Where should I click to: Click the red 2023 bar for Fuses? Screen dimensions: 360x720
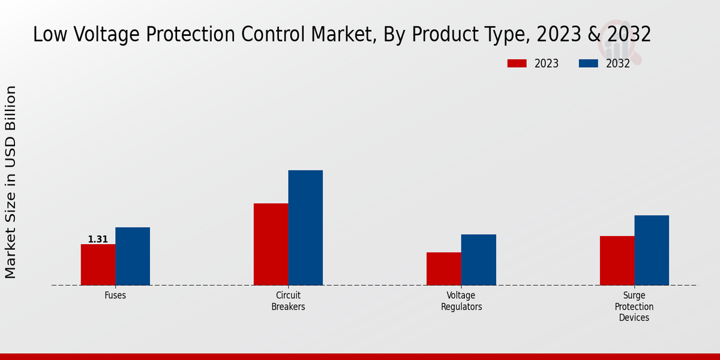coord(98,265)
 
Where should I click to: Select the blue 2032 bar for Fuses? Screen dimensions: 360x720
coord(133,256)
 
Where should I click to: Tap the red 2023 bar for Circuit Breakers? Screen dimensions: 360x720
coord(271,244)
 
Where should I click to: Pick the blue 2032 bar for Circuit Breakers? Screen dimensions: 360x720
coord(305,228)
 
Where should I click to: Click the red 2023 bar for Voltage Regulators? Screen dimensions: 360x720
coord(444,269)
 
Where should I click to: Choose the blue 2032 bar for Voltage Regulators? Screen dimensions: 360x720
coord(479,260)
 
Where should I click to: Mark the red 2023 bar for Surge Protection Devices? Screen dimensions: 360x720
coord(617,260)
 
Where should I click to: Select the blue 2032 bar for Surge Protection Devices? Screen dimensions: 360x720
coord(652,250)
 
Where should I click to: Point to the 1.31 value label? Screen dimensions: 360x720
coord(98,239)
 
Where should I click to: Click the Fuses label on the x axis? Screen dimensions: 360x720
coord(115,296)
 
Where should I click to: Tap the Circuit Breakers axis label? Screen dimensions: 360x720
coord(288,301)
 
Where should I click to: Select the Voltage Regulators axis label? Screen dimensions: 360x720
coord(461,301)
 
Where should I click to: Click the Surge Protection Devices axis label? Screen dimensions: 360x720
coord(634,307)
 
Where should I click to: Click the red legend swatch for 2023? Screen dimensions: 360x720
coord(517,64)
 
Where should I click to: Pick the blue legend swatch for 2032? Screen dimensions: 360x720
coord(589,64)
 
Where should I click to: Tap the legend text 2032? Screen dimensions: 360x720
coord(618,64)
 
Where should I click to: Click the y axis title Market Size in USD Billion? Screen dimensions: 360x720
coord(11,182)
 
